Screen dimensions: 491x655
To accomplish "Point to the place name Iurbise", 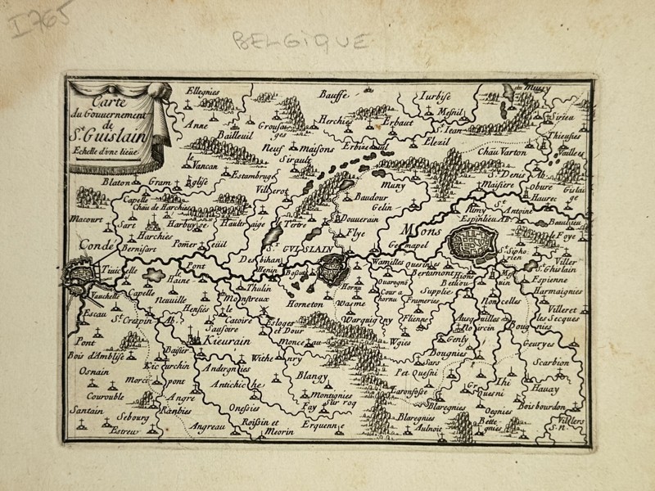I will [438, 94].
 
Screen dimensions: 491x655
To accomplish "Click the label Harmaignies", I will [559, 291].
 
